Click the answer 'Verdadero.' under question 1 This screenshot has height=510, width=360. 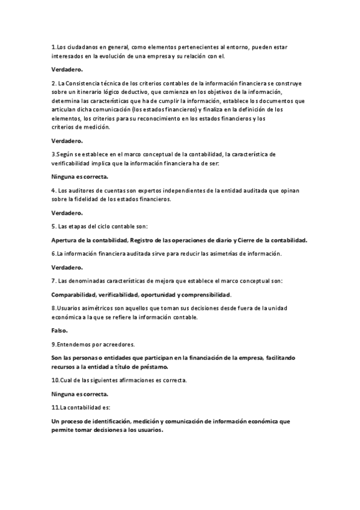[x=66, y=70]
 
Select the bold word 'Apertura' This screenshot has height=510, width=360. [x=66, y=241]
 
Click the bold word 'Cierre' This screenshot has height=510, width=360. [x=249, y=241]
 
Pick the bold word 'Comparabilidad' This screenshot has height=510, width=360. [x=75, y=295]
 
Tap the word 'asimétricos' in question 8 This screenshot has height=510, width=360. [x=93, y=308]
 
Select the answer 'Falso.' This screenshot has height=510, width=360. [x=59, y=331]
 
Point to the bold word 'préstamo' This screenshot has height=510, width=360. [x=153, y=366]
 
